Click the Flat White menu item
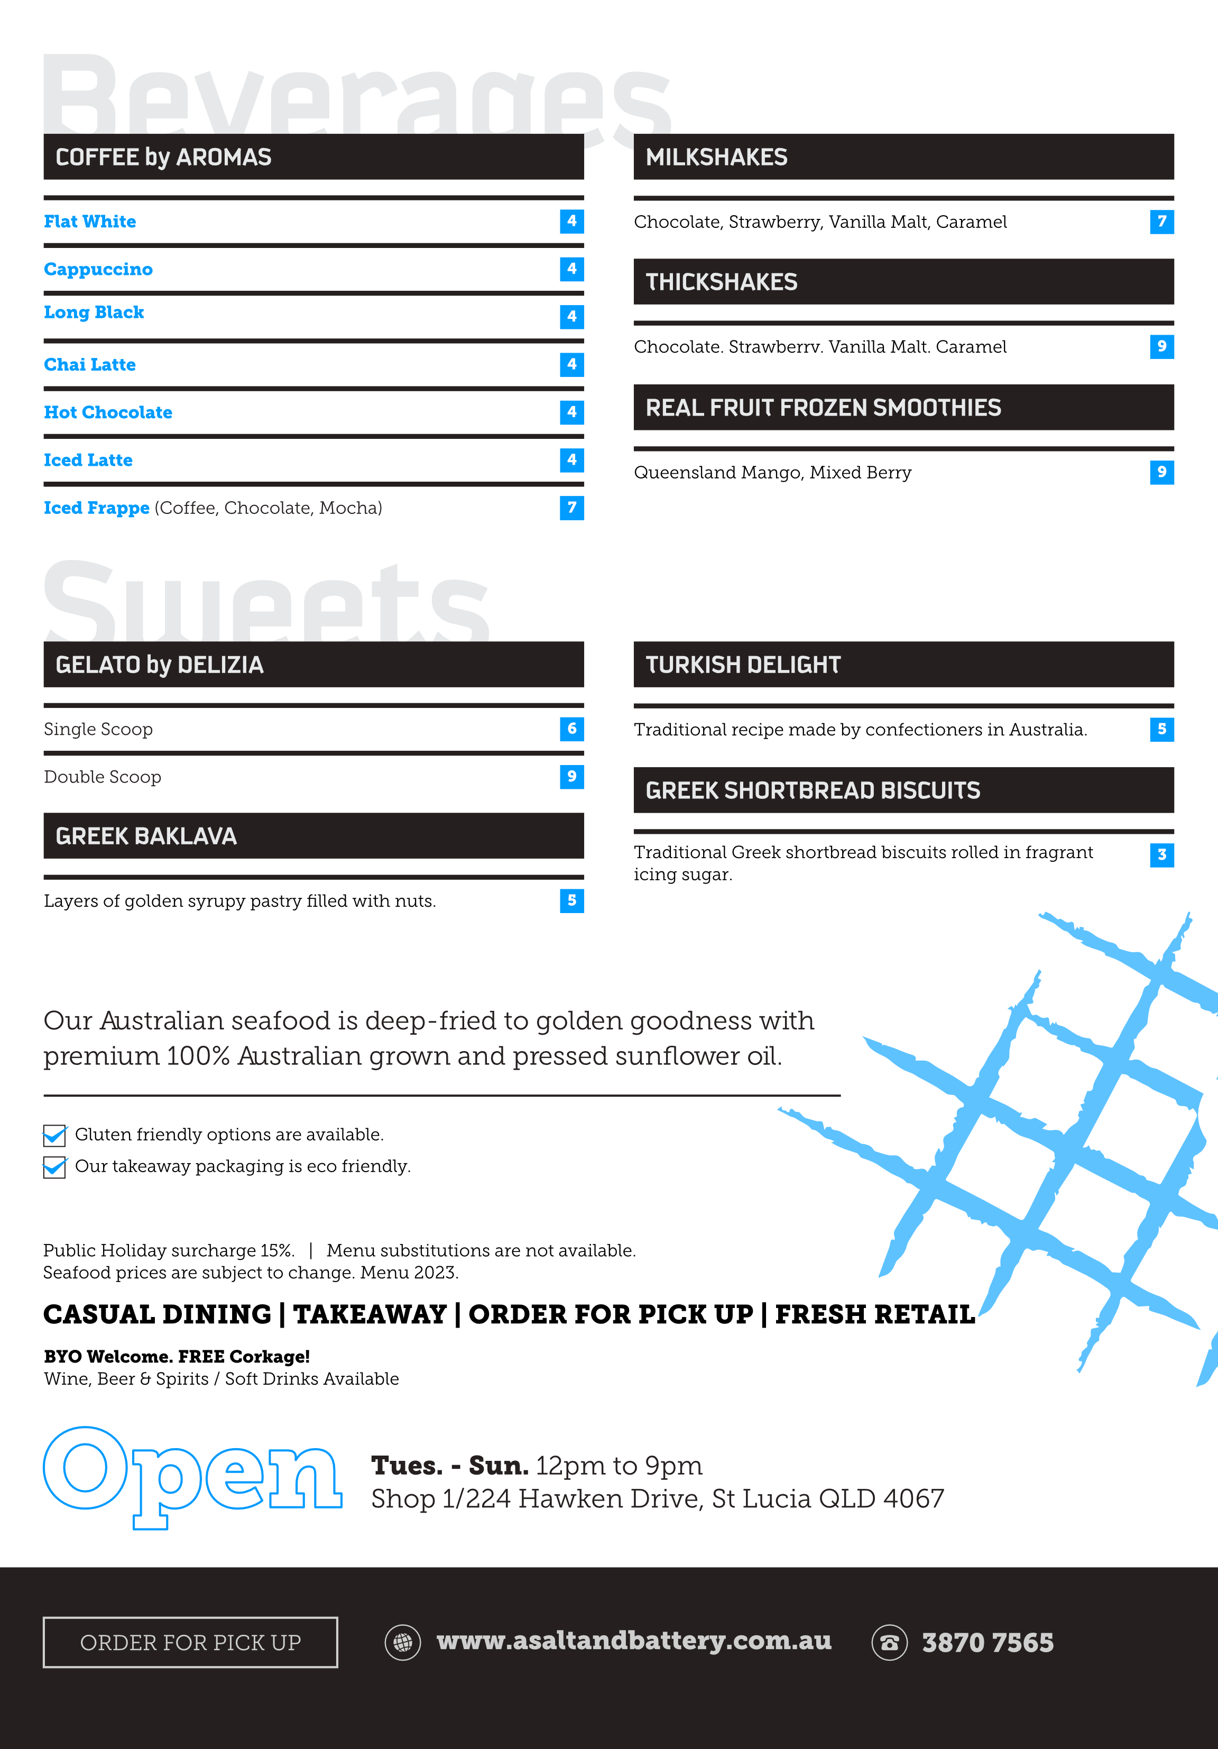click(90, 222)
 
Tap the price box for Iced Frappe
click(571, 508)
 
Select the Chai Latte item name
click(90, 365)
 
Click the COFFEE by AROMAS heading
click(164, 157)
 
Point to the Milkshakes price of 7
click(1161, 222)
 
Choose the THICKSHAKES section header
click(722, 282)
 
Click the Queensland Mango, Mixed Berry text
click(772, 472)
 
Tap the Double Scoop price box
click(571, 776)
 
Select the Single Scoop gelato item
click(98, 729)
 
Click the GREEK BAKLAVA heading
click(146, 836)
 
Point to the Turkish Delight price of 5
click(1161, 729)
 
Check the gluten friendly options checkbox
click(54, 1136)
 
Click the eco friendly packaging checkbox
click(54, 1167)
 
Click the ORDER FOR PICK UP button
click(190, 1642)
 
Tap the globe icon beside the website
click(402, 1642)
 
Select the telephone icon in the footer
click(889, 1642)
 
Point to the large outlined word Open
click(192, 1475)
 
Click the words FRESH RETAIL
click(874, 1314)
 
